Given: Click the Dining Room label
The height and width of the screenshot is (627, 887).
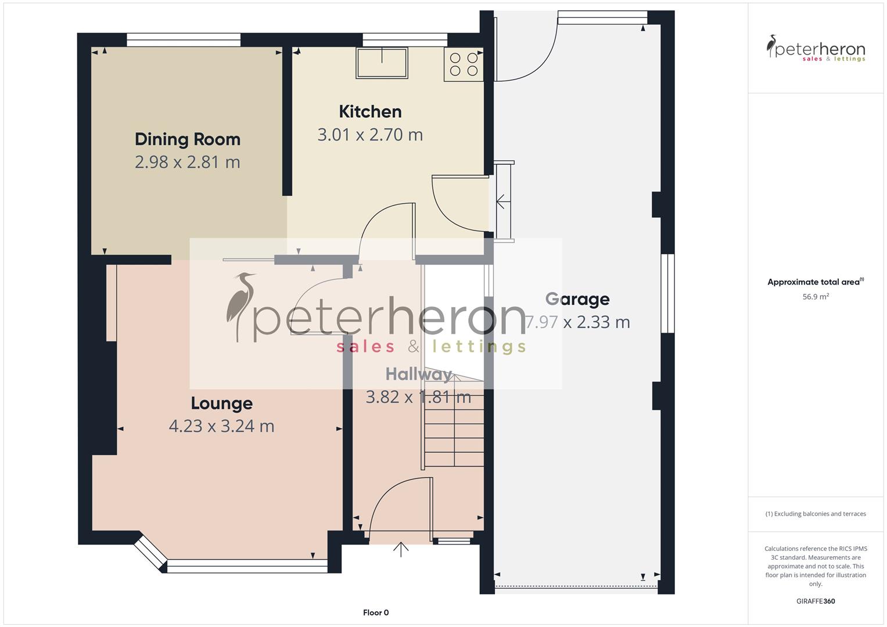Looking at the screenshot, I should [187, 139].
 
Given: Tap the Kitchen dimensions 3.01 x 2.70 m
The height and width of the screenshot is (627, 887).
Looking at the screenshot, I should [370, 135].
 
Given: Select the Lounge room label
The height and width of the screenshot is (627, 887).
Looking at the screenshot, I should [221, 403].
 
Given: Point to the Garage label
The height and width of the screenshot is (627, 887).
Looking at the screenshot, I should [577, 300].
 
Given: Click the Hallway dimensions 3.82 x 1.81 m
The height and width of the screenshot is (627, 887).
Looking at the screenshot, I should [418, 397].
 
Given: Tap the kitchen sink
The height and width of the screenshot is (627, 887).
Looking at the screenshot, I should [382, 63].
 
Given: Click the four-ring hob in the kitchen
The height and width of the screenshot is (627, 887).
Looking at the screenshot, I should [464, 64].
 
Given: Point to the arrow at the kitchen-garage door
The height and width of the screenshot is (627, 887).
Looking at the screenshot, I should [501, 202].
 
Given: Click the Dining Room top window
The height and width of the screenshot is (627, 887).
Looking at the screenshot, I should [184, 39].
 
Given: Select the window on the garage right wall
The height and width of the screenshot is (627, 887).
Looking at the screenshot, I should [668, 293].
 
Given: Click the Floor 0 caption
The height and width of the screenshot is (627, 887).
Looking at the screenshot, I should [376, 612].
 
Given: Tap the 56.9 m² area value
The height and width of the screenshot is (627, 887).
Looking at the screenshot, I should [816, 297].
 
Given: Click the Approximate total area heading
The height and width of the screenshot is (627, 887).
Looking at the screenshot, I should [815, 282].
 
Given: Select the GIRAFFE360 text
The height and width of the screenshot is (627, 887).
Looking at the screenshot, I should [816, 601].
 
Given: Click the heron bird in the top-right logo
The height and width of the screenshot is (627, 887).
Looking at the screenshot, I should [772, 46].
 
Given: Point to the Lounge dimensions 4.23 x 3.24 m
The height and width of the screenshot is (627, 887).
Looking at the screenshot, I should [221, 426].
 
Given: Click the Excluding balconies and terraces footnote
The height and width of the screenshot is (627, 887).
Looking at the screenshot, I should [816, 514].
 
